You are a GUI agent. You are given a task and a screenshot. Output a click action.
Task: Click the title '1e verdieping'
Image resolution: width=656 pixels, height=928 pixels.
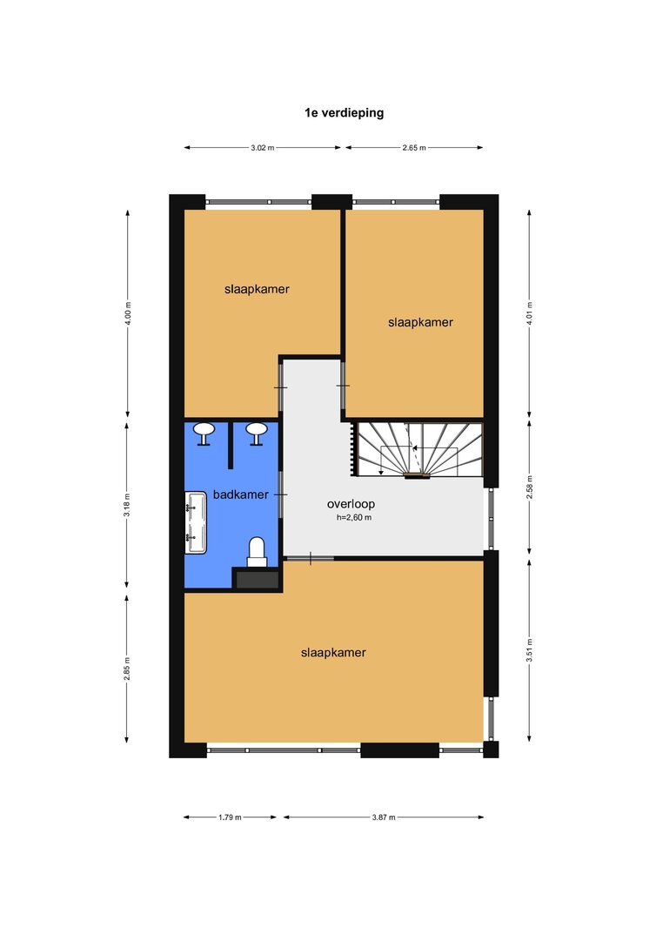(x=344, y=113)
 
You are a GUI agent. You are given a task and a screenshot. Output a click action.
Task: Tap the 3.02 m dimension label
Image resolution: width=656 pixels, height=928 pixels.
(x=263, y=148)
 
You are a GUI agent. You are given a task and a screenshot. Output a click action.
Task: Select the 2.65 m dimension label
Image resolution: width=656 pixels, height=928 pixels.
(x=414, y=148)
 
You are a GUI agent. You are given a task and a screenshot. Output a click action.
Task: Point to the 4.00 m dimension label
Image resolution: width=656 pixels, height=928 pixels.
(x=128, y=313)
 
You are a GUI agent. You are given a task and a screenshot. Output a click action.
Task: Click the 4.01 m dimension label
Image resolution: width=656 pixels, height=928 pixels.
(x=530, y=313)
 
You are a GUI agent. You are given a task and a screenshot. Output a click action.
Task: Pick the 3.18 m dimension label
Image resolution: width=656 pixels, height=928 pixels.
(x=128, y=505)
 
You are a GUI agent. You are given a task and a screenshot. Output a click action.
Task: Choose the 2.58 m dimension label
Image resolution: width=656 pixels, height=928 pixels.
(x=530, y=488)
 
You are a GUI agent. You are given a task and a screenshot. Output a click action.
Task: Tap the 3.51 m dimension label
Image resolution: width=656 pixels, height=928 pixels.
(x=530, y=649)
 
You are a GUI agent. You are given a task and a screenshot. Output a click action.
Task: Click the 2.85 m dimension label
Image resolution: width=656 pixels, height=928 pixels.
(x=128, y=669)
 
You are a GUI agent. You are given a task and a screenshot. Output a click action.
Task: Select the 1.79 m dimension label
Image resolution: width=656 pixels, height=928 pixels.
(x=230, y=817)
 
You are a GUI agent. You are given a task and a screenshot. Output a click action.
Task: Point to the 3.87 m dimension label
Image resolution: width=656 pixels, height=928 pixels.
(x=384, y=817)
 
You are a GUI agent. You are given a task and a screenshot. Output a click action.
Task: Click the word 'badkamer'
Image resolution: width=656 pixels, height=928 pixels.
(x=241, y=494)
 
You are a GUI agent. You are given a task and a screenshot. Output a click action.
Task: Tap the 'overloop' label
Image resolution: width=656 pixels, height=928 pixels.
(x=351, y=504)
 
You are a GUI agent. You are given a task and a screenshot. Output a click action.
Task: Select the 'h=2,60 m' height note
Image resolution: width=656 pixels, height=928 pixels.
(x=354, y=517)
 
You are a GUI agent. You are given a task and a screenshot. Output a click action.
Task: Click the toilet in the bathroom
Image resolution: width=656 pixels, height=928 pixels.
(x=257, y=552)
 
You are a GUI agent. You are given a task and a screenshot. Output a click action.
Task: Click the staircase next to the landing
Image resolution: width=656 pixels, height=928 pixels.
(x=418, y=449)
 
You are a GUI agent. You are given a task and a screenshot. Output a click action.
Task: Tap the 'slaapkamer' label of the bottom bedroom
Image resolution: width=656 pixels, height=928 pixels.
(x=333, y=653)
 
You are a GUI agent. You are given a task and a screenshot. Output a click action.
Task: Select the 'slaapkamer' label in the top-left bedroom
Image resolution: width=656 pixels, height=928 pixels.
(x=257, y=289)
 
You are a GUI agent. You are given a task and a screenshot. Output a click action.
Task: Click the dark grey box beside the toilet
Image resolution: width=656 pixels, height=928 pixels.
(x=257, y=579)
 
